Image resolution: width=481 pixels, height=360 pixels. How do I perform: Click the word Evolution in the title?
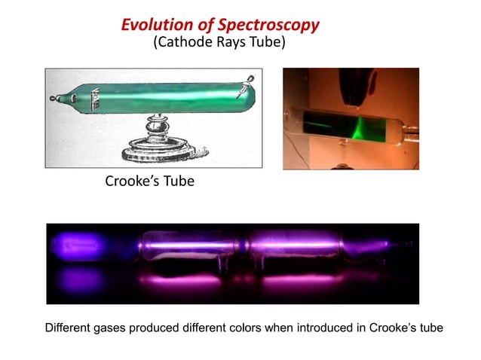(155, 25)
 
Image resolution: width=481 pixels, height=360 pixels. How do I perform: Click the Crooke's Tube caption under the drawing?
(149, 182)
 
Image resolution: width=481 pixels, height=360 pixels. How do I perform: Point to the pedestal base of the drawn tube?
(156, 148)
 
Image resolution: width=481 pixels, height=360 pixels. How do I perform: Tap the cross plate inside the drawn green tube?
(97, 99)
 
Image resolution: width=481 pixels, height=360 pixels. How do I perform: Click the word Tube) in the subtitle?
(268, 43)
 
